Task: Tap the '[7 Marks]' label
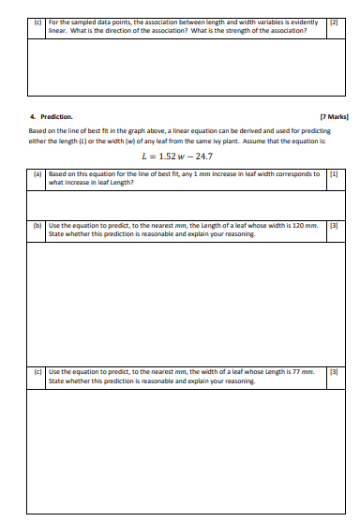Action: point(334,117)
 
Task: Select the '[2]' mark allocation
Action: point(333,22)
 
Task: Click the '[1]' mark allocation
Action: point(333,174)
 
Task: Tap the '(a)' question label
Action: point(37,174)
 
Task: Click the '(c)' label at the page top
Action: point(37,22)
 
